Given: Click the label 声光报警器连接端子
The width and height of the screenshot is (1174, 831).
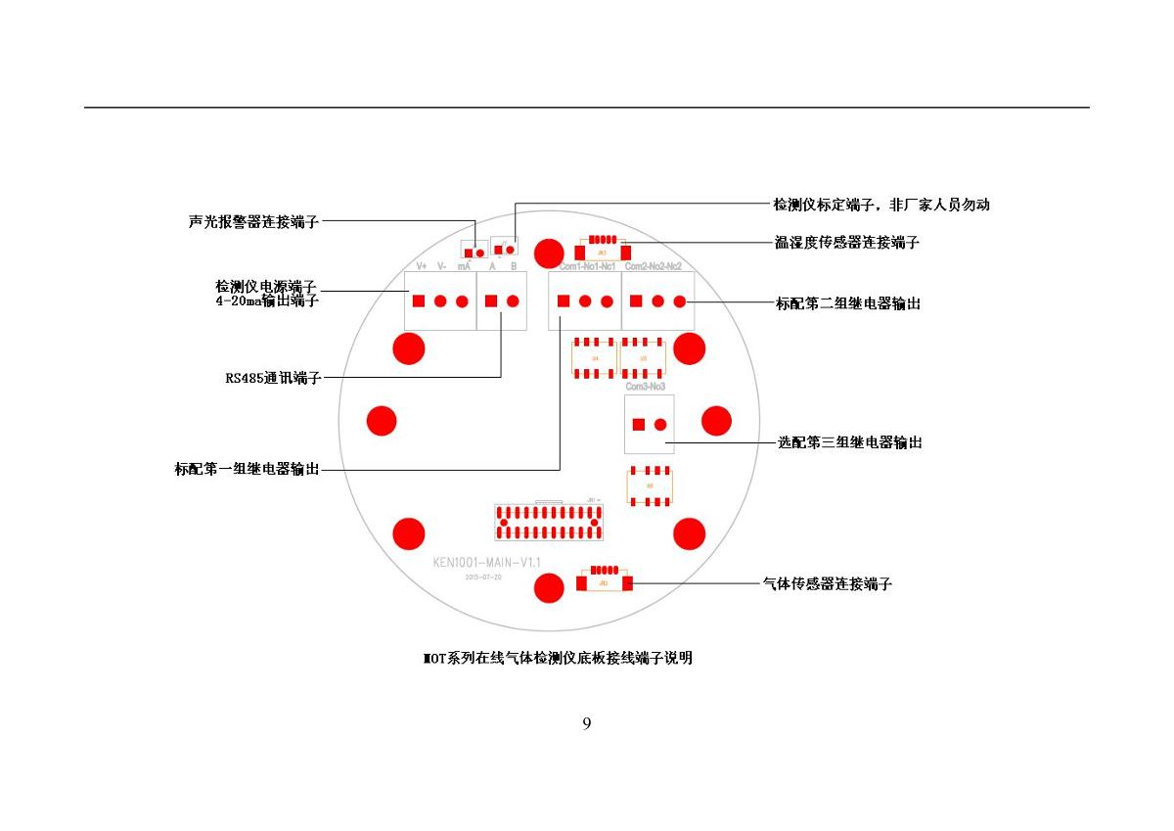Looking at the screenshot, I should pos(253,222).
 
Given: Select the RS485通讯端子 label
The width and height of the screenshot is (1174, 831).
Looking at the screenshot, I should pos(273,378).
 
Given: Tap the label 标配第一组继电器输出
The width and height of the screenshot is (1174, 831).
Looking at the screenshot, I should pos(247,470).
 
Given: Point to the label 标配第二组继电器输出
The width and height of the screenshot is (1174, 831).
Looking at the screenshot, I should pos(848,303).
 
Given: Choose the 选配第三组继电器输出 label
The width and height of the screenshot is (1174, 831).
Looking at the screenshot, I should pos(849,442).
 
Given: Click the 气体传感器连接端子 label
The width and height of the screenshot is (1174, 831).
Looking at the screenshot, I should pos(827,584).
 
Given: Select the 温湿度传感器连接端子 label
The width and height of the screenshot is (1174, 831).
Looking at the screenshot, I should pos(846,242).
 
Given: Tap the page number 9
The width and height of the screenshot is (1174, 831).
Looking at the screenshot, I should pos(587,724).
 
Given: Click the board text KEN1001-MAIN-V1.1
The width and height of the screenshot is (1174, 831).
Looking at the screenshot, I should pos(486,563).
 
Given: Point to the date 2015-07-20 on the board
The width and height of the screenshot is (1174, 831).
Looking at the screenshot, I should pos(483,577).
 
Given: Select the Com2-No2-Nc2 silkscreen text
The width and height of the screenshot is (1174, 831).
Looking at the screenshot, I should pos(653,266).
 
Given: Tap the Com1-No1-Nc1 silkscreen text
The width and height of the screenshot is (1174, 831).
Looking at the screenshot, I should pos(587,266).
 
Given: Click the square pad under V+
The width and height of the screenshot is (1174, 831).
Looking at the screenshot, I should pos(419,301).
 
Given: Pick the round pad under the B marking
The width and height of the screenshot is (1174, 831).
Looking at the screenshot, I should pos(513,301).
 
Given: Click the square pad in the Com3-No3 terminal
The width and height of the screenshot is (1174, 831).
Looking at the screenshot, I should pos(638,425).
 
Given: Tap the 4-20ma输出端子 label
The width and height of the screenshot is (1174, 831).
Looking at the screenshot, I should pos(267,301).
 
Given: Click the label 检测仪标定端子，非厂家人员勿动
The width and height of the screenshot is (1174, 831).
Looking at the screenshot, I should pos(880,205).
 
